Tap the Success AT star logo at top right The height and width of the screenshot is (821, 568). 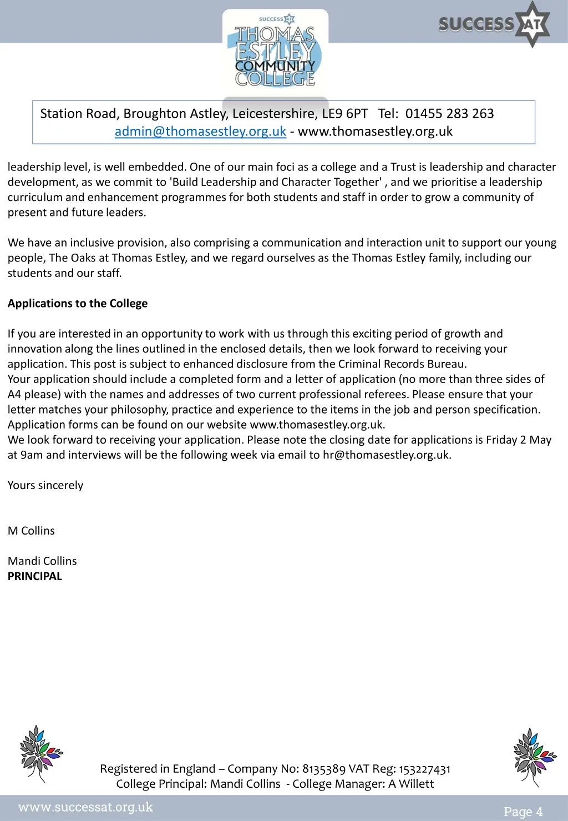494,24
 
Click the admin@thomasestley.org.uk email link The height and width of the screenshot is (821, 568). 200,132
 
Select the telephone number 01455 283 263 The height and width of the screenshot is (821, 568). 449,114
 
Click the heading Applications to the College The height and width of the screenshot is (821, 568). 78,304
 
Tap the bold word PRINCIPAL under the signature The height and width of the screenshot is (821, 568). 35,576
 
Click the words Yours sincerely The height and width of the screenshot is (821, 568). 45,485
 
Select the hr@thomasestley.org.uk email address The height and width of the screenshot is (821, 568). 386,455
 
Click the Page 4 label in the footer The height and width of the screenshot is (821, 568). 523,812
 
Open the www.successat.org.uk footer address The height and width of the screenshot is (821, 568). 85,807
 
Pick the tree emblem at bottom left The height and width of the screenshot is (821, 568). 40,753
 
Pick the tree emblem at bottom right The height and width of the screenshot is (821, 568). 534,756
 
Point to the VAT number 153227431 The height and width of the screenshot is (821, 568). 425,769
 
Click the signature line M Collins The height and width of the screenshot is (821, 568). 31,531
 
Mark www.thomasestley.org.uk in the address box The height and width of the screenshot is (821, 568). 375,132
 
